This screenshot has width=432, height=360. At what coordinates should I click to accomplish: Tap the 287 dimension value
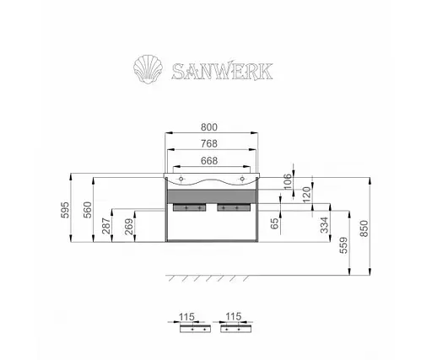pyautogui.click(x=106, y=228)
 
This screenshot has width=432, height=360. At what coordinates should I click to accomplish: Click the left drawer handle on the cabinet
pyautogui.click(x=188, y=206)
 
